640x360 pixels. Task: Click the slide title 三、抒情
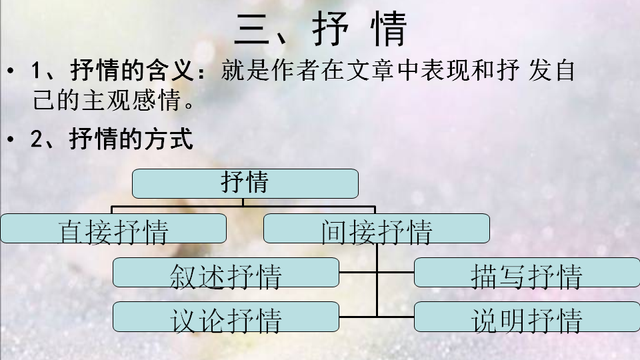pyautogui.click(x=320, y=29)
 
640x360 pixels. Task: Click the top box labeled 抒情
pyautogui.click(x=245, y=183)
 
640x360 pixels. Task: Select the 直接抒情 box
pyautogui.click(x=113, y=229)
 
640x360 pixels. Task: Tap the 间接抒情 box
pyautogui.click(x=376, y=229)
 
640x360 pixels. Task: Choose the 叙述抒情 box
pyautogui.click(x=225, y=273)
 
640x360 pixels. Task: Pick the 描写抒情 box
pyautogui.click(x=526, y=273)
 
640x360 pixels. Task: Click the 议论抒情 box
pyautogui.click(x=225, y=317)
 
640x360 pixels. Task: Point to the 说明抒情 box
pyautogui.click(x=526, y=317)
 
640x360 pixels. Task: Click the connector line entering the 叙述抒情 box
pyautogui.click(x=358, y=273)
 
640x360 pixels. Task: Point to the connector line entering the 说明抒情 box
pyautogui.click(x=395, y=316)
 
